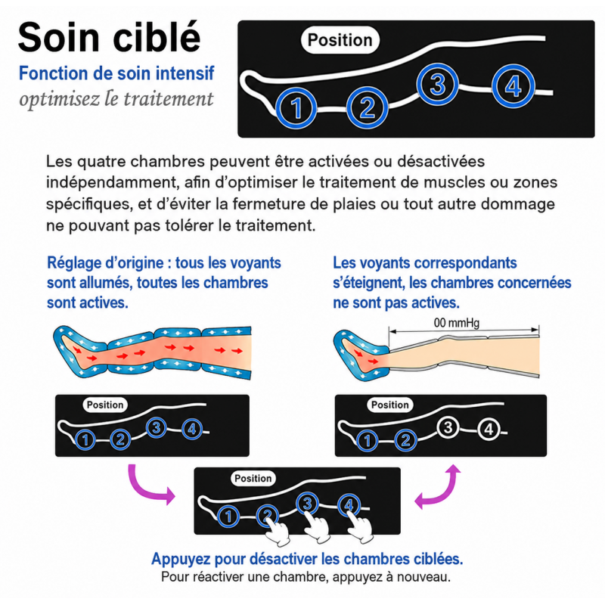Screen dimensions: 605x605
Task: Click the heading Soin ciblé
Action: pyautogui.click(x=109, y=37)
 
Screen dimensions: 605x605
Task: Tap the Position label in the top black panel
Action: pyautogui.click(x=340, y=40)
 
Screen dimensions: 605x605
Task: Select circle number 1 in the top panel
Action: pyautogui.click(x=296, y=108)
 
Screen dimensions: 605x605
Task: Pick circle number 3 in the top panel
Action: pyautogui.click(x=438, y=85)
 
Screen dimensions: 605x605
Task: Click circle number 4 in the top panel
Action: pyautogui.click(x=513, y=86)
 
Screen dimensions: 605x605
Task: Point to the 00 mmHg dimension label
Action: pyautogui.click(x=457, y=323)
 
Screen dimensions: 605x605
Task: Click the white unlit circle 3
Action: pyautogui.click(x=448, y=427)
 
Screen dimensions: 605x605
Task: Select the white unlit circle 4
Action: pyautogui.click(x=489, y=429)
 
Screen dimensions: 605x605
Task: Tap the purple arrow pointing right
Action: pyautogui.click(x=150, y=488)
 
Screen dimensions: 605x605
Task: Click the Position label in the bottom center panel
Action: pyautogui.click(x=253, y=479)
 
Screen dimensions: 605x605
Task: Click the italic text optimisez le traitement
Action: pyautogui.click(x=116, y=99)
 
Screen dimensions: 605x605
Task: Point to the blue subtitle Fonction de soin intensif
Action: pyautogui.click(x=116, y=73)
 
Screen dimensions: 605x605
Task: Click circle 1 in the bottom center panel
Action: pyautogui.click(x=228, y=517)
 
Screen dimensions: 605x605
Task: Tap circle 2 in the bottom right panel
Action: pyautogui.click(x=405, y=440)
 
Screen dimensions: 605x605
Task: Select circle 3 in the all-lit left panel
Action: pyautogui.click(x=157, y=427)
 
